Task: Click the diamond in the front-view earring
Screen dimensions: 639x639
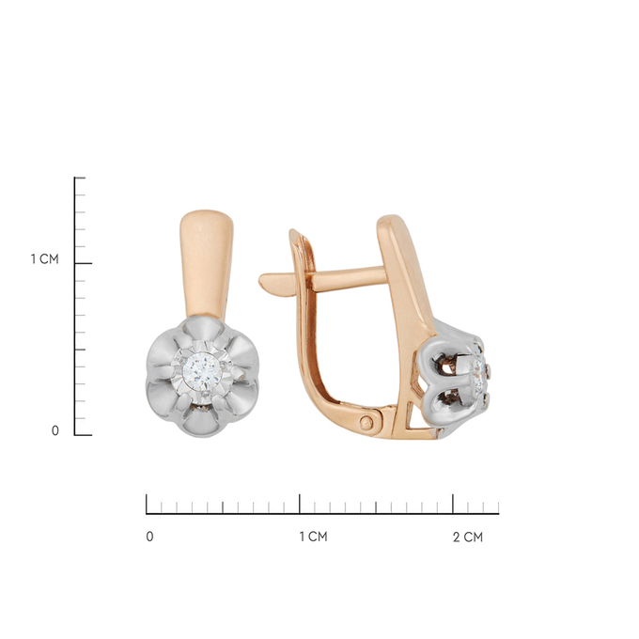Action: click(202, 372)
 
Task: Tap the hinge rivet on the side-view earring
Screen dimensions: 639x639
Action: click(367, 423)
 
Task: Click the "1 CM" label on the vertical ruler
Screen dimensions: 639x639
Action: click(45, 258)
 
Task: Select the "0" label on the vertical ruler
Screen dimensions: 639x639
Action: click(55, 430)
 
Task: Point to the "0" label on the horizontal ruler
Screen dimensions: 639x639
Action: click(149, 537)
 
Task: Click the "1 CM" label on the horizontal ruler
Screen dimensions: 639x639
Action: click(313, 537)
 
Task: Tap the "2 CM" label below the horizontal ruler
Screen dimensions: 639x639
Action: click(468, 538)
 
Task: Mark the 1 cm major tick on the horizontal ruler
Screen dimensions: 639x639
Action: click(300, 504)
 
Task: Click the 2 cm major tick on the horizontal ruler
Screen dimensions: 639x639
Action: click(453, 504)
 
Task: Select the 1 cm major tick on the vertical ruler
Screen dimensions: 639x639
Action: click(84, 263)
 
